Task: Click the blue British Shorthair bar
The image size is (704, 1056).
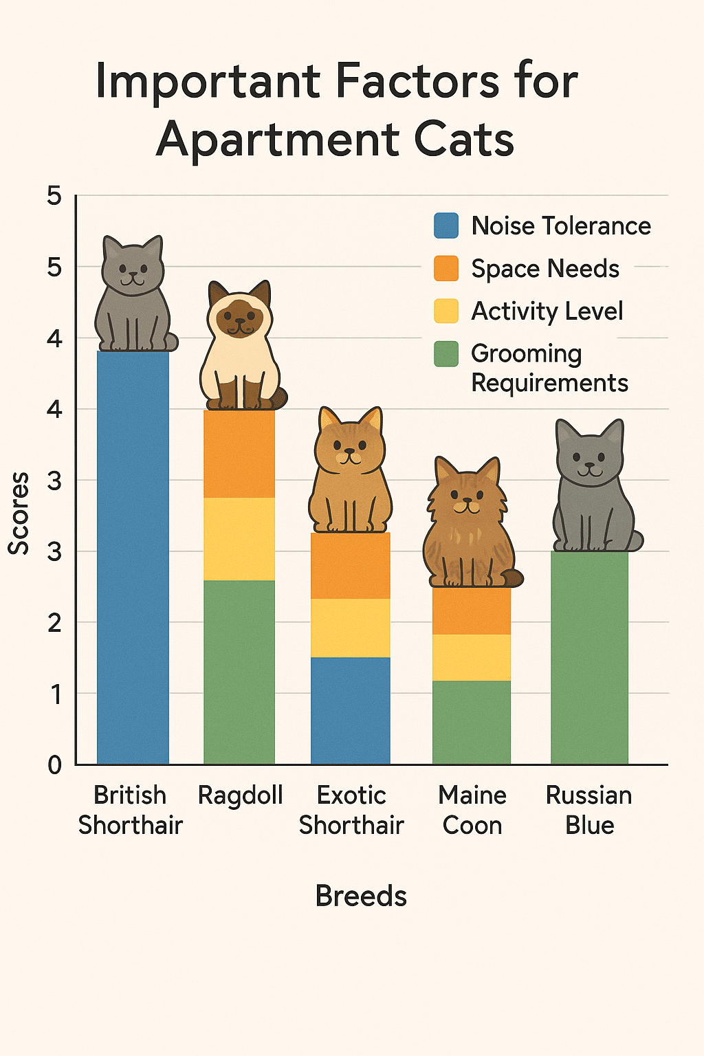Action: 133,557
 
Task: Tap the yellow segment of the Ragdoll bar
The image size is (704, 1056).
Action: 239,539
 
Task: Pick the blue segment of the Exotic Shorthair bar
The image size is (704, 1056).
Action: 351,711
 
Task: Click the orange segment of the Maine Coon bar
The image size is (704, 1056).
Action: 472,610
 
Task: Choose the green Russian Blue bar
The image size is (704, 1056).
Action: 589,657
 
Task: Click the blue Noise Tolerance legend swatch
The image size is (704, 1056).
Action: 446,225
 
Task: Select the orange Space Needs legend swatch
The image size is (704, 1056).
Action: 446,268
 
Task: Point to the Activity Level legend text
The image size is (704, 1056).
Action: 547,311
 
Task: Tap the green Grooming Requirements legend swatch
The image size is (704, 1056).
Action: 446,354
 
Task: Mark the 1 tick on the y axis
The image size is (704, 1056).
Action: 55,694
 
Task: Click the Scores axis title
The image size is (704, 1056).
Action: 19,513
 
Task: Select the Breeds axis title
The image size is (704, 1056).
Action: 361,896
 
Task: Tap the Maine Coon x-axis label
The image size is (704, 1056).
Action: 472,810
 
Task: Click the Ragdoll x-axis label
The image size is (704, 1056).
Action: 240,795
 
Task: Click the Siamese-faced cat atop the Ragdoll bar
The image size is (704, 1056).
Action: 240,344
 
